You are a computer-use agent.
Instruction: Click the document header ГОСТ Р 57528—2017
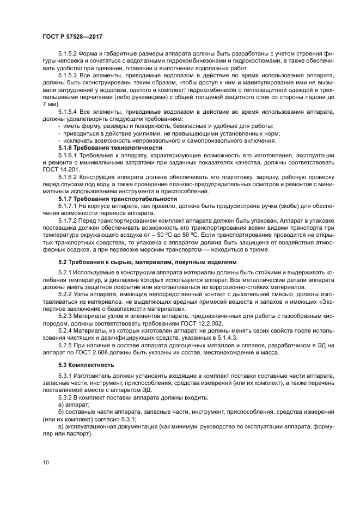[72, 36]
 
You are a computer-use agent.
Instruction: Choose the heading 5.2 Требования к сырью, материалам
[148, 261]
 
